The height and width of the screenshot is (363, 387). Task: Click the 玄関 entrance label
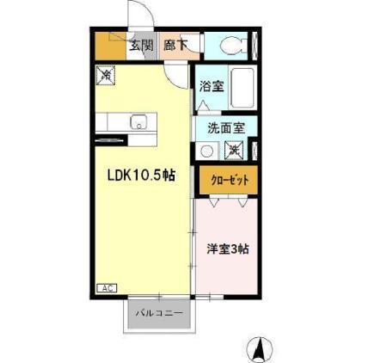point(141,45)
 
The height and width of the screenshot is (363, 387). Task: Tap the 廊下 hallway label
point(175,45)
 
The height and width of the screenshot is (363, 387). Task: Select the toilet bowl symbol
point(234,45)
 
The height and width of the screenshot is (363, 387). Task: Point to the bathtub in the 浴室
point(243,88)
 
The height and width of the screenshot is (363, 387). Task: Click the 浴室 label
point(212,86)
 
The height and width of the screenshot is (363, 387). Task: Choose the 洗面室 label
point(226,128)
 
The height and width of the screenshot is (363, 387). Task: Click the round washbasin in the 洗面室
point(206,151)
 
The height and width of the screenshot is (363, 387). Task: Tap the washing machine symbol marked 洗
point(234,150)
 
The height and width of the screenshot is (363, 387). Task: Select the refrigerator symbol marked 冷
point(106,76)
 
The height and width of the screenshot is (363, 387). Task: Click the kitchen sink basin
point(138,122)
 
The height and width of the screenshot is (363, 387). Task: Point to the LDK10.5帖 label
point(141,175)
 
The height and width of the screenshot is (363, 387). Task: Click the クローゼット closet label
point(230,181)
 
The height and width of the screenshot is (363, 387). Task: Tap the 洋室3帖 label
point(228,249)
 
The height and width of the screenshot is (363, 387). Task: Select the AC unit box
point(107,288)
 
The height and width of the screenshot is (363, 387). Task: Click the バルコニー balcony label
point(159,313)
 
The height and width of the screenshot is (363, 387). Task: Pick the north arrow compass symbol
point(260,349)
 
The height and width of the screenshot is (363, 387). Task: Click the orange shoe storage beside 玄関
point(111,46)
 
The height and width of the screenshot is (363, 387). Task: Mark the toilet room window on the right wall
point(255,46)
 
